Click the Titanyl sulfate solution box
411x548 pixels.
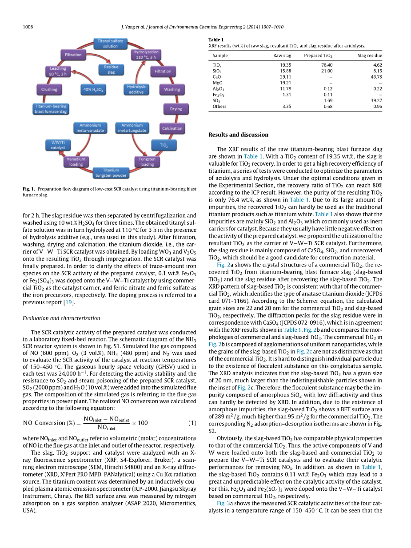coord(111,44)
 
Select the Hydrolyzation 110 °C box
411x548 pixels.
coord(146,55)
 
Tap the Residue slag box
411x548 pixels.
coord(111,70)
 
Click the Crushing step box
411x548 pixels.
coord(49,89)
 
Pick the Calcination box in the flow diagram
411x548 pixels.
coord(172,128)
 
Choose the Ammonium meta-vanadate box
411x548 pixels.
coord(90,128)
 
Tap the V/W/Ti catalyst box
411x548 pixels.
coord(58,145)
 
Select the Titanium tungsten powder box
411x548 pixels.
coord(111,173)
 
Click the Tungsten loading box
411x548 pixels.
coord(147,161)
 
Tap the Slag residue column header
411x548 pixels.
coord(370,56)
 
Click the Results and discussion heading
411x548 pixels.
coord(238,135)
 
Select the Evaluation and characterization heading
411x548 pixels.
coord(61,318)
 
